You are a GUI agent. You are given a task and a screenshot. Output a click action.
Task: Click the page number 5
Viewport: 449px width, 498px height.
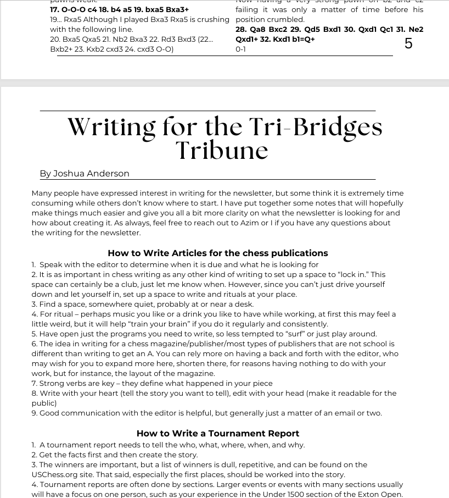(408, 43)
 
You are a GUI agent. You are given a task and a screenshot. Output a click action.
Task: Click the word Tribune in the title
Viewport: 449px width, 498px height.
(222, 150)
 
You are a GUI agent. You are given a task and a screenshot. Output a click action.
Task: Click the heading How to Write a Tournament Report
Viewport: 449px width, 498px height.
(218, 434)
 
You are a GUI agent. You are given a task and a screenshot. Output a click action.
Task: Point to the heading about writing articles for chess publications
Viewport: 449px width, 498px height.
(218, 253)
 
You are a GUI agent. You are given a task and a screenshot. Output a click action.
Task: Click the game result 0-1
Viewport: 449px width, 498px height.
(240, 49)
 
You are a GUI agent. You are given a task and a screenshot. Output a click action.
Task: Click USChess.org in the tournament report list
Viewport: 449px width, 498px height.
(56, 475)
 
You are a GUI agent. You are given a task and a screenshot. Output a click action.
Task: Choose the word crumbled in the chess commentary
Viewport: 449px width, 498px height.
(286, 20)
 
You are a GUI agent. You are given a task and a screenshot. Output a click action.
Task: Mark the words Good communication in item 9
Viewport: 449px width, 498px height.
(79, 413)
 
